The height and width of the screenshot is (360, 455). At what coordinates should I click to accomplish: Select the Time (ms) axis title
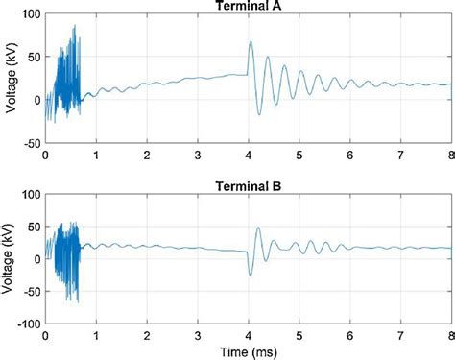(x=249, y=352)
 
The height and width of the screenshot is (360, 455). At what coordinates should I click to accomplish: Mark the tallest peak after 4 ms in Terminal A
(x=251, y=42)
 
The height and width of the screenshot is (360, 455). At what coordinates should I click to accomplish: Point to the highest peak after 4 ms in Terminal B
(x=258, y=228)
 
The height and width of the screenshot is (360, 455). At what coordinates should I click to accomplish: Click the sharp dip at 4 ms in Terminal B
(x=250, y=276)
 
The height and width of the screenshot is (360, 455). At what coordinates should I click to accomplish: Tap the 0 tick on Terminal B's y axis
(x=37, y=257)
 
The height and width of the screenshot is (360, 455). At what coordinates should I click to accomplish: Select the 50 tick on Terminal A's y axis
(x=34, y=58)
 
